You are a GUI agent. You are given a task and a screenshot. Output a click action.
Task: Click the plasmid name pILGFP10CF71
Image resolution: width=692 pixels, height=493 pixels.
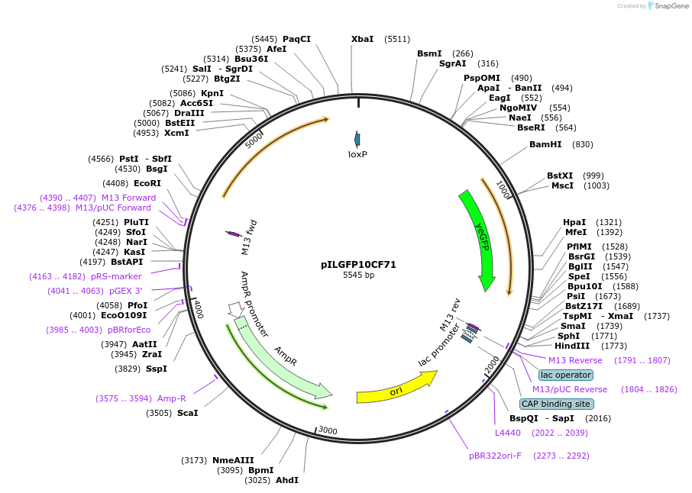tap(358, 265)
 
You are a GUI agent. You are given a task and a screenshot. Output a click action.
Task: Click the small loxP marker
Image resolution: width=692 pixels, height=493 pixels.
tap(357, 139)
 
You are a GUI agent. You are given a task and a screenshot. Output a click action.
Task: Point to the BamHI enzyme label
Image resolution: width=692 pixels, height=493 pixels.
tap(545, 144)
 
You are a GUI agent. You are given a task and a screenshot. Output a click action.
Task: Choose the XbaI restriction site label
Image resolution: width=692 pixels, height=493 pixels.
tap(362, 39)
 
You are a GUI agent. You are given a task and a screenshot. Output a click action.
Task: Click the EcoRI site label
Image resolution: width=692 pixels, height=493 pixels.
tap(147, 183)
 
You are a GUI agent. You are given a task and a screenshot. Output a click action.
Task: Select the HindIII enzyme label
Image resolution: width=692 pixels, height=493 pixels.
tap(570, 346)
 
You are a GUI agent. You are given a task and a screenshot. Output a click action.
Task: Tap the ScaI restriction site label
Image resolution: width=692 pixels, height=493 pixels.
tap(187, 413)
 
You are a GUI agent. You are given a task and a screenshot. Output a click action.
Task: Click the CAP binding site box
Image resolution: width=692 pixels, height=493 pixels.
tap(555, 404)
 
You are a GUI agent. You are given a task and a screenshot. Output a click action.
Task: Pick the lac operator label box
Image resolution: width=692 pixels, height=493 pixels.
tap(565, 375)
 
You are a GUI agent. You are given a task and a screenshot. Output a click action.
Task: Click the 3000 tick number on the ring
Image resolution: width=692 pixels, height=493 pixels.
tap(328, 430)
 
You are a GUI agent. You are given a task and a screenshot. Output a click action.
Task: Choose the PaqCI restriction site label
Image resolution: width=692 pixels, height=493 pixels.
tap(296, 39)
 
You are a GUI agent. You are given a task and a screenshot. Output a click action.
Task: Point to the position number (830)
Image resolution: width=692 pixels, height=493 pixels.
tap(582, 144)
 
